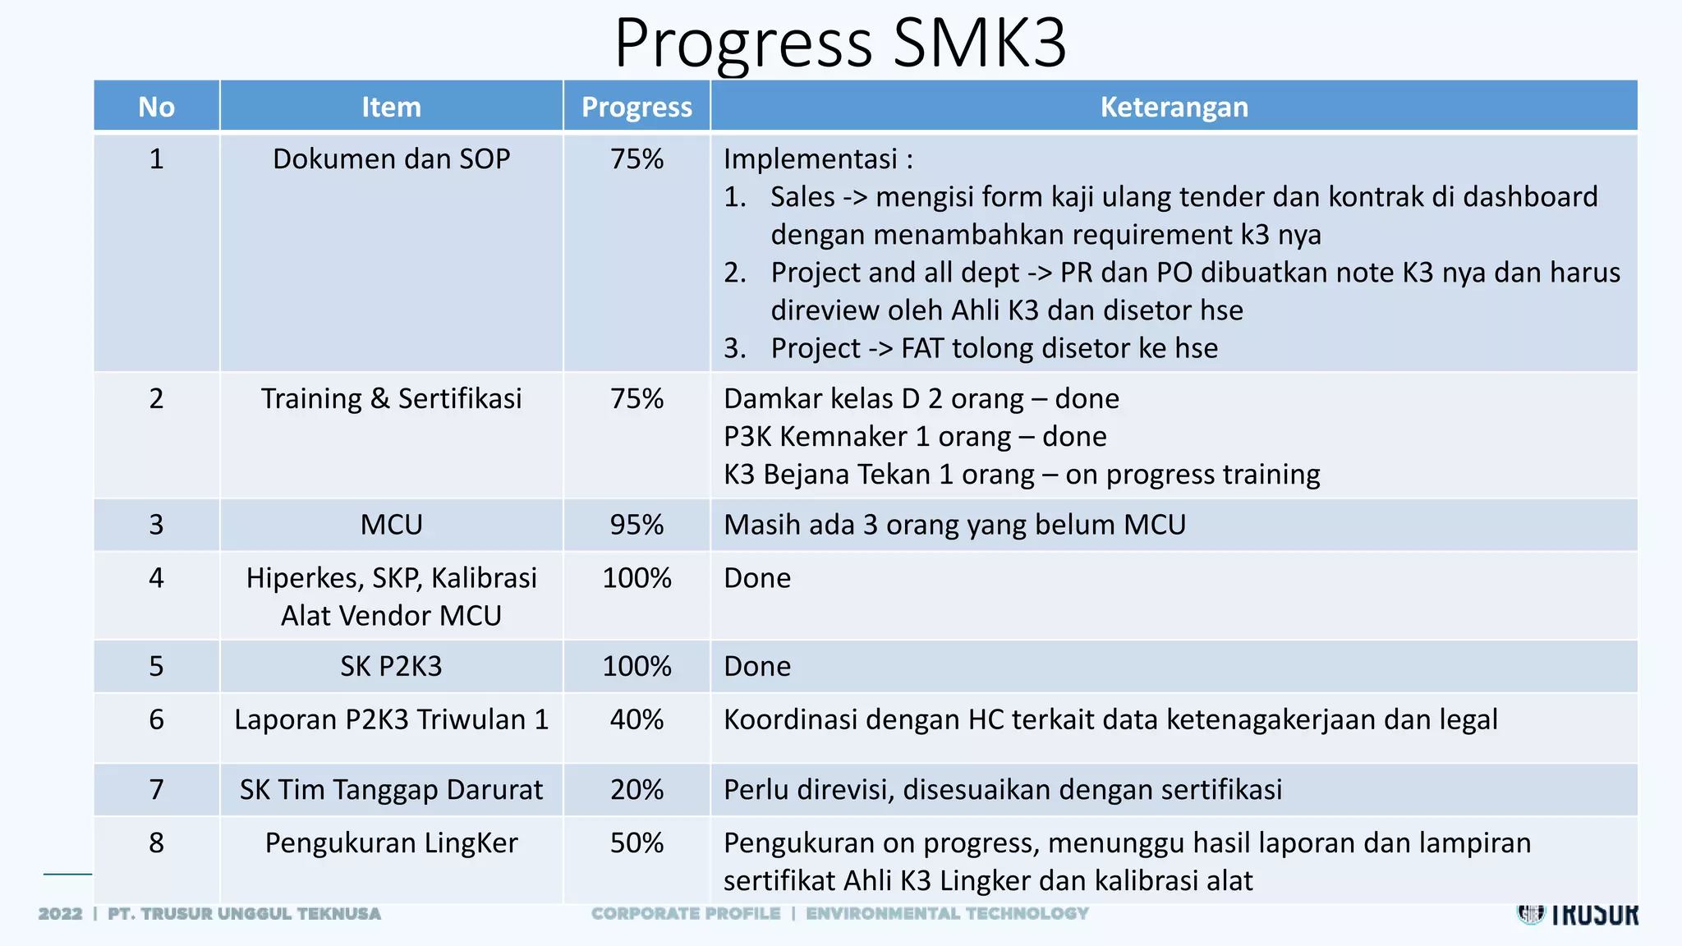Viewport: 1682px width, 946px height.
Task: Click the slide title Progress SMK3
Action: coord(840,43)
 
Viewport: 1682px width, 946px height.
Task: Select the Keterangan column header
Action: coord(1174,107)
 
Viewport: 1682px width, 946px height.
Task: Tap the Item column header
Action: coord(391,107)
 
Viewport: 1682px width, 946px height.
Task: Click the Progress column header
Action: coord(636,107)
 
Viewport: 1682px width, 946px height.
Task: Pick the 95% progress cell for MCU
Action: coord(636,525)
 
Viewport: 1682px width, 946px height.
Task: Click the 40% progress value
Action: coord(636,719)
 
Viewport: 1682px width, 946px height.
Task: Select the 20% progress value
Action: coord(636,789)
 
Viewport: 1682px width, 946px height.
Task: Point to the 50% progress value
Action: coord(636,843)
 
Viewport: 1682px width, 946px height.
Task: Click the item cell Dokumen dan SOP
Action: coord(391,158)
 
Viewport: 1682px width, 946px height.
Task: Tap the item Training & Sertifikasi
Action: coord(391,398)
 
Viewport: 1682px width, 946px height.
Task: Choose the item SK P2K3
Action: coord(391,666)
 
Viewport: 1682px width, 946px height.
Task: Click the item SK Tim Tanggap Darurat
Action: coord(391,789)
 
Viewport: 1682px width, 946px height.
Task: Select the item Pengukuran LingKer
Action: coord(391,843)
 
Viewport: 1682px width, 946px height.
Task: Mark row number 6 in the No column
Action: coord(156,719)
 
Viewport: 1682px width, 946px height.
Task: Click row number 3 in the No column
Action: coord(156,525)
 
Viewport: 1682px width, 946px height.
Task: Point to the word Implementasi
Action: coord(810,158)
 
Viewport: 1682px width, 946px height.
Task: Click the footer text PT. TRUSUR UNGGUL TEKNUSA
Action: coord(244,913)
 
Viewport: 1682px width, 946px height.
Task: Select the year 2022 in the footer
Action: coord(60,913)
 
